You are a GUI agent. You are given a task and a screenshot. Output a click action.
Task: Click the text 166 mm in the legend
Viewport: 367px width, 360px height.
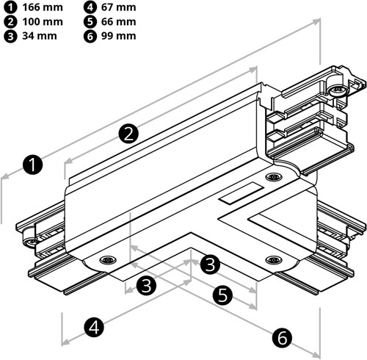[x=42, y=8]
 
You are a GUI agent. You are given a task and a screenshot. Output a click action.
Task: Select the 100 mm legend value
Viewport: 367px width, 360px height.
[x=42, y=22]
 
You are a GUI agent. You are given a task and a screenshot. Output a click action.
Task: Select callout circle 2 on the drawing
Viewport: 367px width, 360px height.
[x=128, y=133]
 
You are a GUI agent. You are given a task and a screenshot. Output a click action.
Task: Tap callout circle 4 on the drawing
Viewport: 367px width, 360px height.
[x=93, y=325]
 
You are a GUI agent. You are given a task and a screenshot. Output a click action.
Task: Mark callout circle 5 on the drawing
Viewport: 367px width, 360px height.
[x=223, y=295]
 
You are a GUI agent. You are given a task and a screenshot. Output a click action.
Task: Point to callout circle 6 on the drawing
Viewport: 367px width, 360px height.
[x=282, y=337]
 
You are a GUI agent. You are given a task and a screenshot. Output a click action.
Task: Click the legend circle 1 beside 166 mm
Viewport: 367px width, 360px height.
[x=8, y=8]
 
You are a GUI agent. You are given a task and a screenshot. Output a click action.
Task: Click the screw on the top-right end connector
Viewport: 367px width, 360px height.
[x=338, y=90]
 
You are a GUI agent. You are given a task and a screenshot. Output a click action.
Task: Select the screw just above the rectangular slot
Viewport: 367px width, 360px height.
[x=274, y=178]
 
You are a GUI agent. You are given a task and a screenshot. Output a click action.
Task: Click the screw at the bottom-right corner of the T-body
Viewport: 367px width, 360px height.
[x=272, y=261]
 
